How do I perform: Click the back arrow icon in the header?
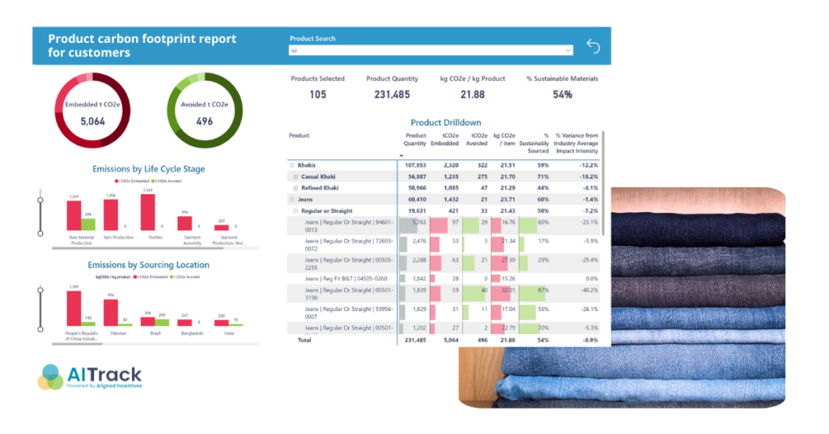click(593, 47)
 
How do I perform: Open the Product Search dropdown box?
click(431, 50)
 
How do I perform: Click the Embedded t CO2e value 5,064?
click(93, 121)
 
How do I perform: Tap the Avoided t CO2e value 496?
click(204, 121)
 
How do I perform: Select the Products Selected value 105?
click(317, 95)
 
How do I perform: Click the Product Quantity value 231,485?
click(392, 95)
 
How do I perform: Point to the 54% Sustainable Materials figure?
click(562, 95)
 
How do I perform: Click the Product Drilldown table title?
click(445, 122)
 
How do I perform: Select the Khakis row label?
click(307, 165)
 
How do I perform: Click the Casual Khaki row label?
click(318, 177)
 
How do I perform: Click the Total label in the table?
click(304, 340)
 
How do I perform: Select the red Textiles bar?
click(148, 212)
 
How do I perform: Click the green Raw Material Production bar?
click(88, 223)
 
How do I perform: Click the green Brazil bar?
click(161, 320)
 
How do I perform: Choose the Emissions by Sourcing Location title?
click(148, 265)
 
